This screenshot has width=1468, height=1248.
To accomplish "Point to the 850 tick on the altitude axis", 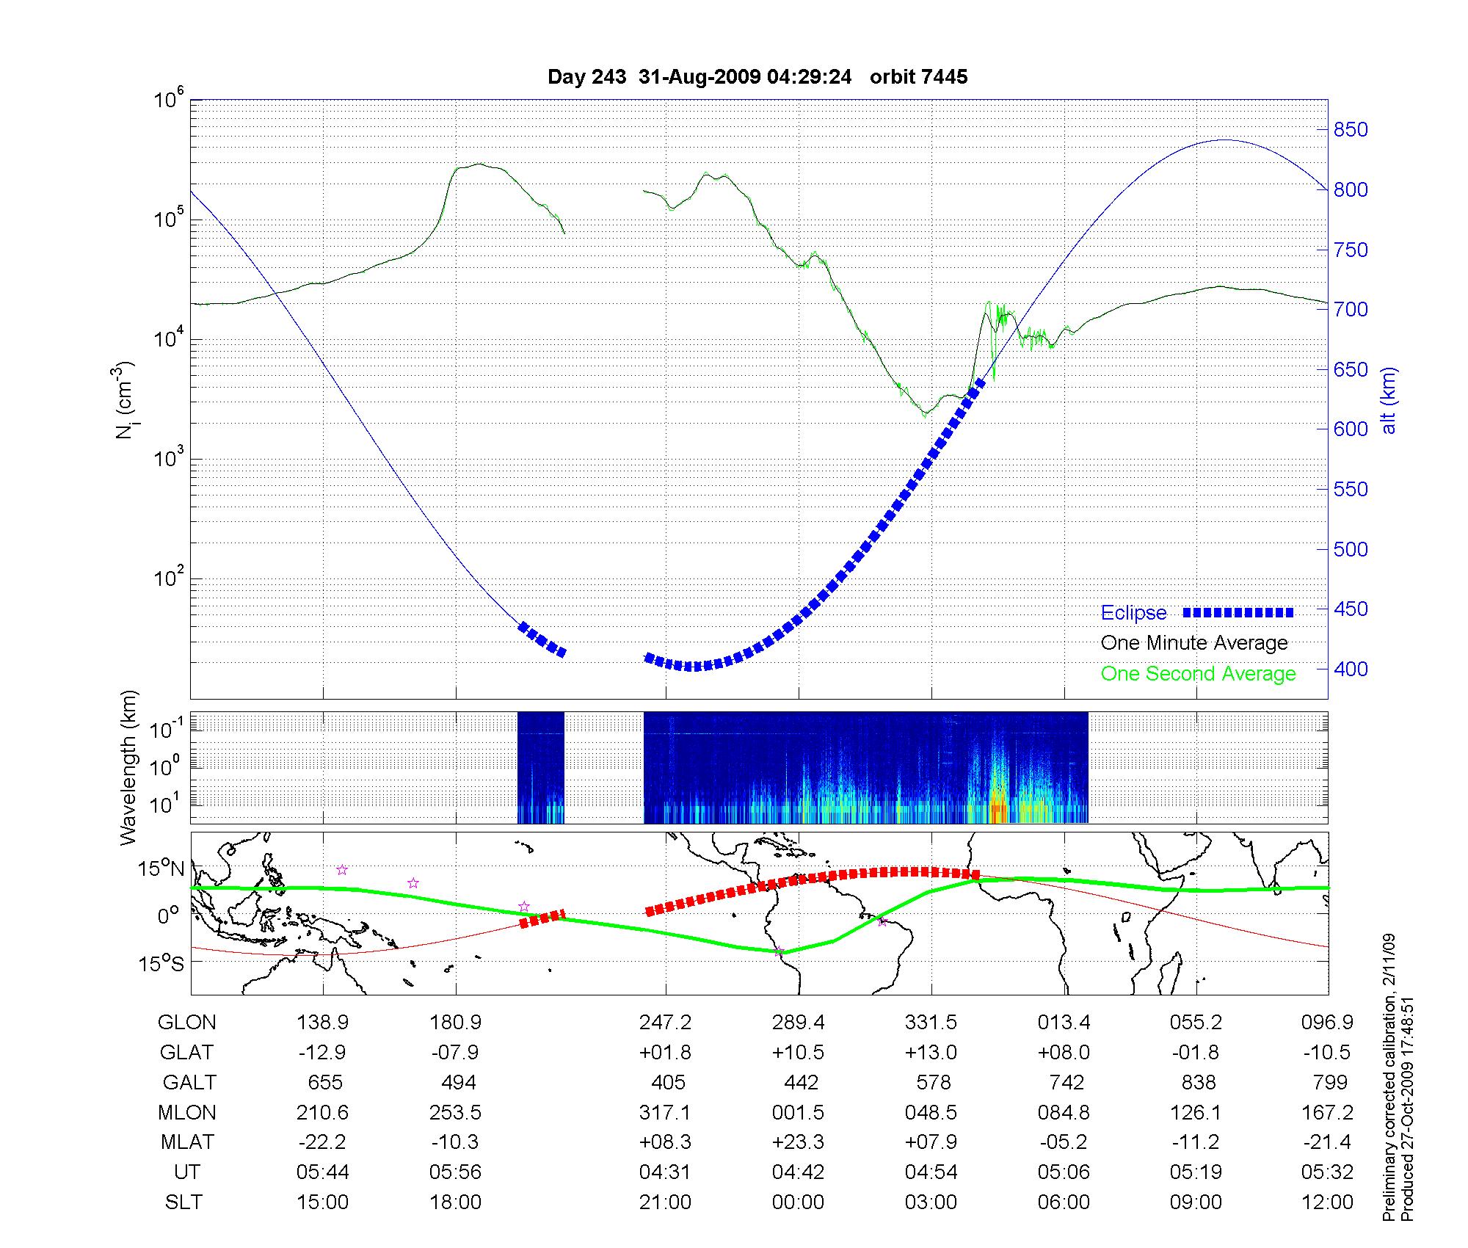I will [1351, 130].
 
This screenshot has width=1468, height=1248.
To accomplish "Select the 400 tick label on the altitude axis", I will [1351, 669].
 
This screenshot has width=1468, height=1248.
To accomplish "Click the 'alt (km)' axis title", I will [1389, 400].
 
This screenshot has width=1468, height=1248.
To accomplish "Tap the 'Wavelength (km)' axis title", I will [129, 767].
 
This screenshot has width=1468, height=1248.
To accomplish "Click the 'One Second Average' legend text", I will [1198, 673].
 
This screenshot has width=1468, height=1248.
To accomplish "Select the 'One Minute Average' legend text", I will [1194, 643].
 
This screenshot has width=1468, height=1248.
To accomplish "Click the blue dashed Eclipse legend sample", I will [1238, 612].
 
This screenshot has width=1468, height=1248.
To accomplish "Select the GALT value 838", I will [1197, 1083].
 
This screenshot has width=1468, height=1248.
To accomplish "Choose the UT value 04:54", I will [931, 1172].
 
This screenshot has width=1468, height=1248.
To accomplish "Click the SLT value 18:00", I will [455, 1202].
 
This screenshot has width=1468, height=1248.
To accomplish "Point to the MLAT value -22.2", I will [322, 1142].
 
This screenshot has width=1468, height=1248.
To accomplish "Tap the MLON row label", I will [186, 1113].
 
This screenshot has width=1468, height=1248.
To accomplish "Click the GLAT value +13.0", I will [931, 1053].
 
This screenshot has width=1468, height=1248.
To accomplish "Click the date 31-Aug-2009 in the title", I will [699, 76].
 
